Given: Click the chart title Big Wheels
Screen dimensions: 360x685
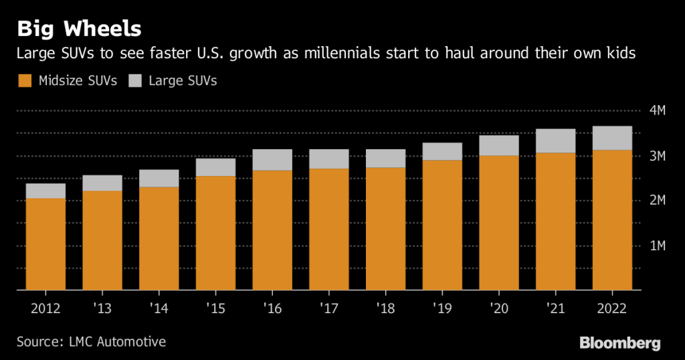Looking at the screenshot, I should coord(79,29).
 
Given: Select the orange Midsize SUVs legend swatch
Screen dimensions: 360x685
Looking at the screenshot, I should coord(24,81).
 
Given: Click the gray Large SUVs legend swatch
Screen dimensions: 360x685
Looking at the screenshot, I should coord(135,81).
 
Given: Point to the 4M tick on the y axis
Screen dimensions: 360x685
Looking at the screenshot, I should coord(657,110).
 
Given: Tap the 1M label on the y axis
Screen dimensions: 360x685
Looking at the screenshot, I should coord(657,246).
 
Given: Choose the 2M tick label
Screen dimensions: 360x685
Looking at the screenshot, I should coord(657,201).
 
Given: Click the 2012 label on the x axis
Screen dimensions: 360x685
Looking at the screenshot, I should coord(45,308).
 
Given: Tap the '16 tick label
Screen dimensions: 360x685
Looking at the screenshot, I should coord(272,308).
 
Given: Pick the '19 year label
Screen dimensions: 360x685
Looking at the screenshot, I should coord(442,308).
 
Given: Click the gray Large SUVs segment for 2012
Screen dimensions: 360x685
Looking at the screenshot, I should coord(45,191).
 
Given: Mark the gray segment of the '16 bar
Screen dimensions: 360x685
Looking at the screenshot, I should coord(272,160).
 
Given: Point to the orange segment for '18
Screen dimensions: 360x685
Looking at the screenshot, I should coord(386,228).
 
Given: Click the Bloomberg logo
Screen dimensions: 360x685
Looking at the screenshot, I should coord(619,343).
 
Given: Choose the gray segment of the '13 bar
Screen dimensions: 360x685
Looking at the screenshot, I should coord(102,183).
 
